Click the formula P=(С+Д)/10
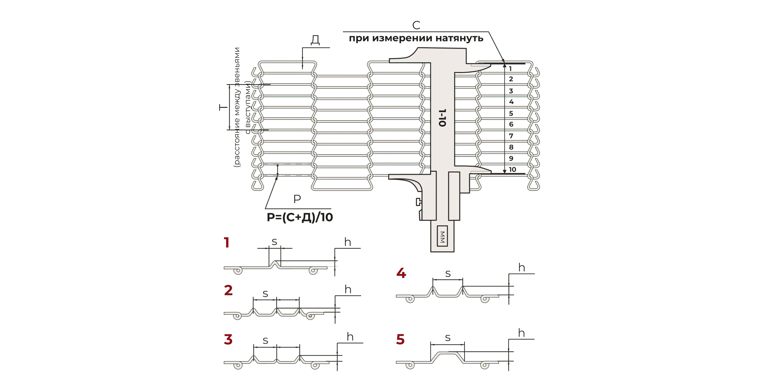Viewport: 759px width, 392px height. [x=300, y=217]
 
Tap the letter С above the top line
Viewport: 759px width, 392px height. [x=416, y=25]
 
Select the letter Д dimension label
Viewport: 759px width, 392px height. [x=315, y=40]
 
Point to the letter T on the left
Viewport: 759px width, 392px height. [x=223, y=107]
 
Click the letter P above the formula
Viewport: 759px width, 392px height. [x=297, y=199]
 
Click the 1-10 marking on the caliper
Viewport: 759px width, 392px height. [x=442, y=118]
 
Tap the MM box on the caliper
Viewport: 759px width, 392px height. [x=442, y=236]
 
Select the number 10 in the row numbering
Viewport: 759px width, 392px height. [x=512, y=169]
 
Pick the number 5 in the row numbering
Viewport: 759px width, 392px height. [x=511, y=113]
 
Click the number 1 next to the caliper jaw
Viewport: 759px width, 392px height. [x=510, y=69]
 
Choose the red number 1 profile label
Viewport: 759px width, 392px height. [x=226, y=242]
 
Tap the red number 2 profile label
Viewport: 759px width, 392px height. [x=228, y=290]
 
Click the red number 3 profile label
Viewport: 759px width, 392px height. [x=228, y=339]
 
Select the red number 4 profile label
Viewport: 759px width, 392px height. [x=401, y=273]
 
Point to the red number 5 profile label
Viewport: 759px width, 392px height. [x=400, y=339]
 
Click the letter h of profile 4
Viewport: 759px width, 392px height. [x=522, y=267]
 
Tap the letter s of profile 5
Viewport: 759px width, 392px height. [x=447, y=338]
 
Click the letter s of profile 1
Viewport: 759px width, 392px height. [x=274, y=242]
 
